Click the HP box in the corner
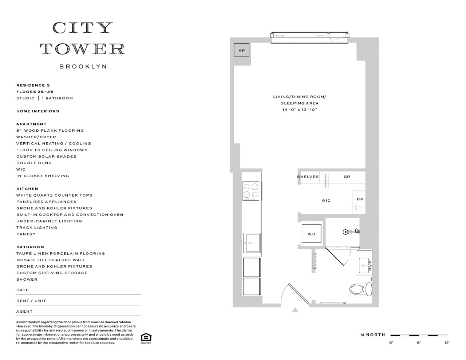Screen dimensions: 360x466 tap(242, 51)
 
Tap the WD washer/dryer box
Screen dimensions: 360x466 tap(311, 234)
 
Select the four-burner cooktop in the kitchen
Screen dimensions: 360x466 tap(252, 191)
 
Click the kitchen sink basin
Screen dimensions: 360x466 tap(252, 242)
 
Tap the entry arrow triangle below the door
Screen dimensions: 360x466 tap(295, 310)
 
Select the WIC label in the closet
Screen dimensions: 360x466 tap(326, 201)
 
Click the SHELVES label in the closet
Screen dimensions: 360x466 tap(308, 177)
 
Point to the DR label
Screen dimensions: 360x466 tap(360, 199)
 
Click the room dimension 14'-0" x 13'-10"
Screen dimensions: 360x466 tap(300, 110)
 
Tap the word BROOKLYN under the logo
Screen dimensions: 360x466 tap(83, 67)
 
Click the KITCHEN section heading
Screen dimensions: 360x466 tap(27, 189)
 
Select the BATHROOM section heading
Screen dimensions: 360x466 tap(30, 247)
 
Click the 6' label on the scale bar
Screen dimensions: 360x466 tap(419, 343)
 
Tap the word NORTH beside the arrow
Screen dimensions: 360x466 tap(375, 335)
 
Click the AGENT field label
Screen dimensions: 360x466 tap(24, 312)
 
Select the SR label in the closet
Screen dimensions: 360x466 tap(347, 177)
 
